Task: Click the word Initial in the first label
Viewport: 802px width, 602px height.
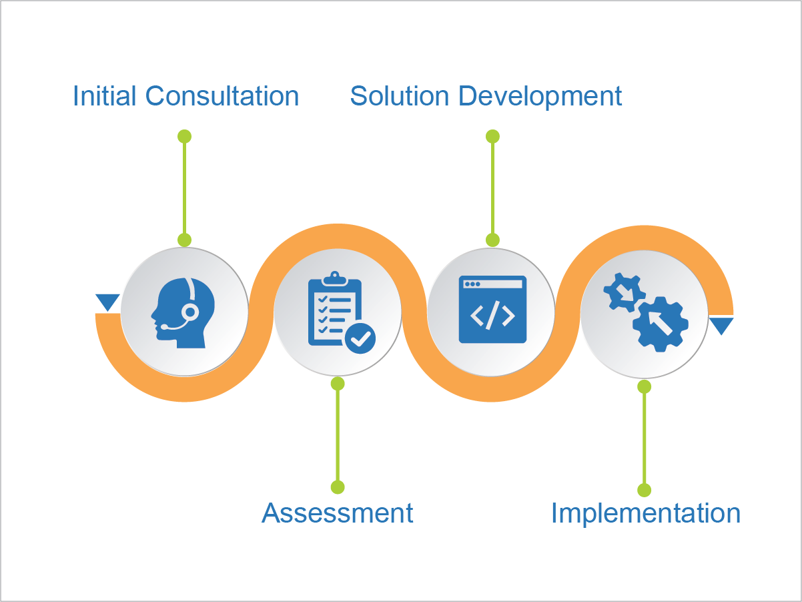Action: click(x=105, y=96)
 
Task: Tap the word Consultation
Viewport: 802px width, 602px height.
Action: click(x=222, y=96)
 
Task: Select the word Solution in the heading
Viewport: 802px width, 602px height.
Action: click(x=400, y=96)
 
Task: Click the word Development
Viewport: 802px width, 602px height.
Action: click(x=540, y=97)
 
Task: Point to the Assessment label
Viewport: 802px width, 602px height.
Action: click(x=338, y=513)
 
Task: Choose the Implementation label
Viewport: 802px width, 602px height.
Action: click(x=645, y=513)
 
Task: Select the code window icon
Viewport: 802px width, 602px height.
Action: click(x=492, y=310)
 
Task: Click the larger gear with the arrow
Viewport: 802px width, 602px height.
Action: click(x=660, y=323)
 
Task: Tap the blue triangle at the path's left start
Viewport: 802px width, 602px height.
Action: click(x=107, y=302)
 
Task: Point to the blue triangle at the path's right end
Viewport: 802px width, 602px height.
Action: click(x=721, y=326)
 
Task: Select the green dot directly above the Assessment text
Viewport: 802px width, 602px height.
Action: click(x=338, y=487)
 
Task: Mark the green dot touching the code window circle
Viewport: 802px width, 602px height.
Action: click(x=492, y=240)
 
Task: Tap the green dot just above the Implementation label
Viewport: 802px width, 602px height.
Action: click(x=644, y=490)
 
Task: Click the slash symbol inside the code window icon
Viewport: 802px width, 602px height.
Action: click(x=492, y=316)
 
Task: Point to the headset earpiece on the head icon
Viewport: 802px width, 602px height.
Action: click(x=190, y=311)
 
